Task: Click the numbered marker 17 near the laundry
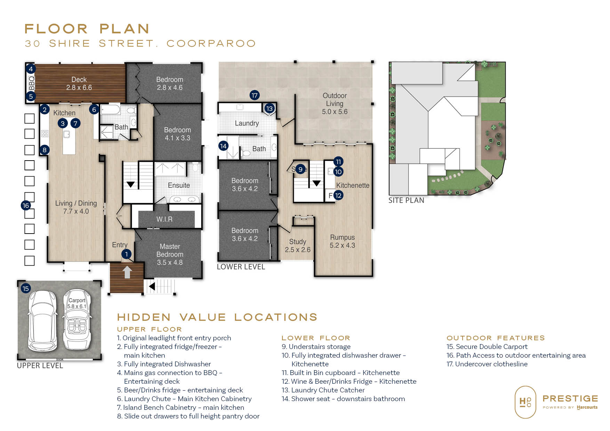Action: point(255,95)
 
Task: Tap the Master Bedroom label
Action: point(170,254)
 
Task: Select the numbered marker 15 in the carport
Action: point(25,288)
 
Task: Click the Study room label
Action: point(298,246)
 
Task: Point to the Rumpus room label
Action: point(343,241)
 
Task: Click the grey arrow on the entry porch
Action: point(127,272)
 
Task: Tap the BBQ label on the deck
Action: point(31,83)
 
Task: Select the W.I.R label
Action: point(164,219)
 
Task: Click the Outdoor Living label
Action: point(335,104)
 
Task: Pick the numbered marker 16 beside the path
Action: point(25,205)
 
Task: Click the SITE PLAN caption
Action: point(406,200)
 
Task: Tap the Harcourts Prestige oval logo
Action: point(525,402)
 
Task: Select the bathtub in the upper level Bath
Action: point(111,109)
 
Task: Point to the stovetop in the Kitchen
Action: point(45,133)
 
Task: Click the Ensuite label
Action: point(179,185)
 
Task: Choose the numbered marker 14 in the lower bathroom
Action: point(223,146)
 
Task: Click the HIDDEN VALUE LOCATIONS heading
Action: point(217,317)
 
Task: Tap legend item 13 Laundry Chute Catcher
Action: point(323,390)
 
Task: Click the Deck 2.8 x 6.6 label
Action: point(79,83)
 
